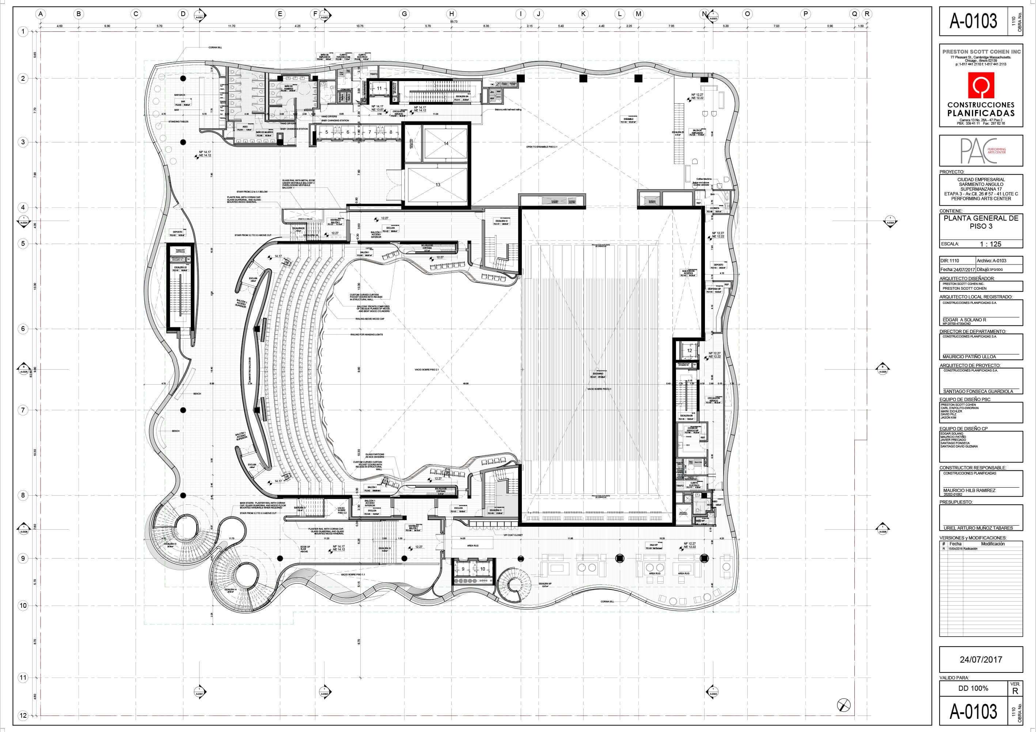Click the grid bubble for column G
tap(404, 14)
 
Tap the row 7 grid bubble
tap(23, 410)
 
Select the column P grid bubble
tap(805, 14)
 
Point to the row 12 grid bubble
tap(23, 715)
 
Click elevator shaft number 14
tap(446, 144)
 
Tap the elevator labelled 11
tap(379, 88)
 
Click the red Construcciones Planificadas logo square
tap(981, 86)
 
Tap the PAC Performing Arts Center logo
tap(980, 150)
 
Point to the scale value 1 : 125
tap(990, 244)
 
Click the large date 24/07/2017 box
tap(980, 659)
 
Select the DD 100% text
tap(973, 688)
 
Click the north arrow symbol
tap(843, 705)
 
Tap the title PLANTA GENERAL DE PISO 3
tap(981, 222)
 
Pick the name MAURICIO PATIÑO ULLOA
tap(969, 357)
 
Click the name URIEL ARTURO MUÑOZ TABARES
tap(978, 528)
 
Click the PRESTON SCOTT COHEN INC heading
tap(981, 52)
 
